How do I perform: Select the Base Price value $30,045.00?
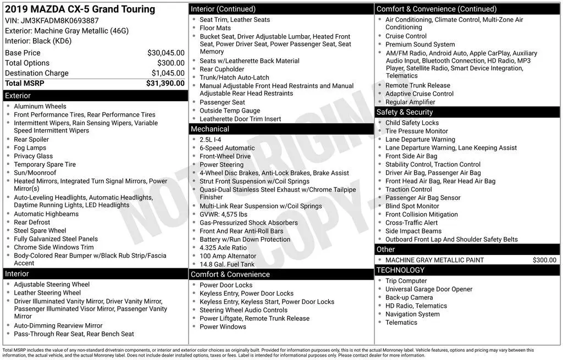(x=165, y=53)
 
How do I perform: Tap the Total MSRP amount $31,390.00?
(x=165, y=83)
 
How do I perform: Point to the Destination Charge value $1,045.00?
(x=168, y=73)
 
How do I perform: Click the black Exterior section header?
(x=95, y=96)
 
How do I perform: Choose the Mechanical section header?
(x=281, y=129)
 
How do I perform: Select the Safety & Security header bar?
(x=467, y=112)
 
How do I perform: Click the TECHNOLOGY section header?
(x=467, y=270)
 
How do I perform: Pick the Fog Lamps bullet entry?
(x=30, y=148)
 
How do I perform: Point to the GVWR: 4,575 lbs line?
(x=223, y=214)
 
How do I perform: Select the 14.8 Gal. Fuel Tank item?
(x=227, y=264)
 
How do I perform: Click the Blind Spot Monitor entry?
(x=412, y=206)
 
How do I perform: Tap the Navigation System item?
(x=412, y=314)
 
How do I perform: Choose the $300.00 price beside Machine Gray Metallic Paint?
(x=544, y=260)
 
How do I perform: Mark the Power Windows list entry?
(x=223, y=326)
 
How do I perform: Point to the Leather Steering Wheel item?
(x=47, y=293)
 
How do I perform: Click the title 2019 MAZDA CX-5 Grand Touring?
(x=80, y=9)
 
